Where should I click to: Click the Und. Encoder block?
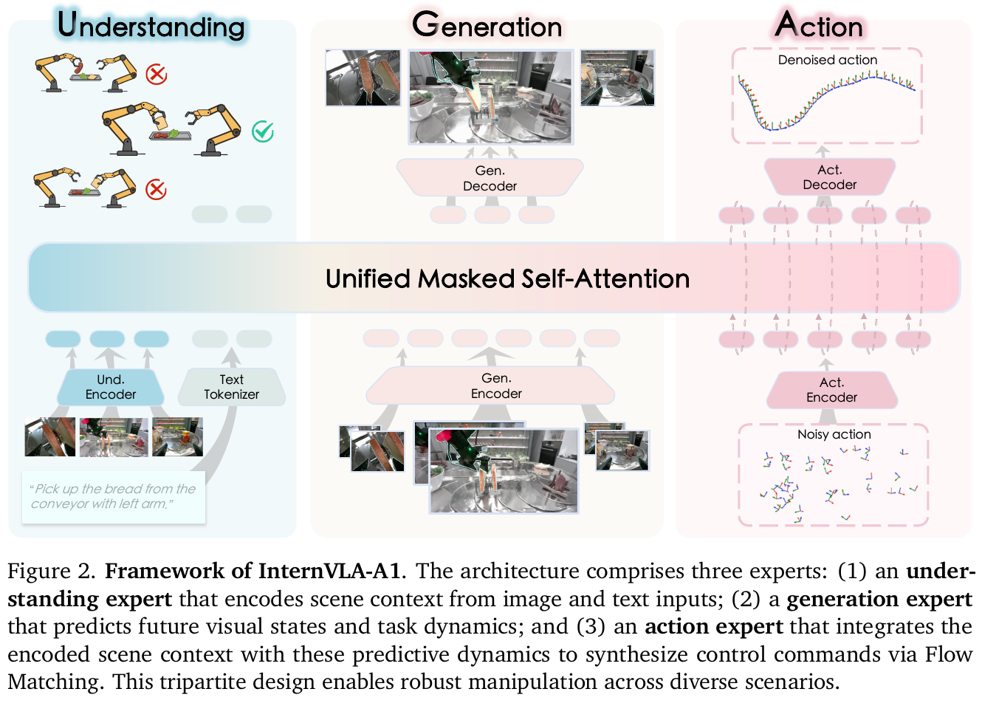point(111,387)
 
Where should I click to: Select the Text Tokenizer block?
point(231,387)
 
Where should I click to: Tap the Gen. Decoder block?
point(490,178)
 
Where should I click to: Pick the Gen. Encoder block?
point(496,386)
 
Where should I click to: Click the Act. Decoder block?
point(829,177)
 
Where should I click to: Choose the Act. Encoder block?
point(831,390)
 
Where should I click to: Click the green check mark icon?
point(263,131)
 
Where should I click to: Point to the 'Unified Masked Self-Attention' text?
point(507,278)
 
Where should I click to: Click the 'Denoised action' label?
point(828,60)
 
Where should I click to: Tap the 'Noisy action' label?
point(834,434)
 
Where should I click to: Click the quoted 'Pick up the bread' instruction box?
point(113,496)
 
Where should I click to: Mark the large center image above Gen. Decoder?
point(490,96)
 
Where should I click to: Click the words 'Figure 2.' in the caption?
point(52,571)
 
